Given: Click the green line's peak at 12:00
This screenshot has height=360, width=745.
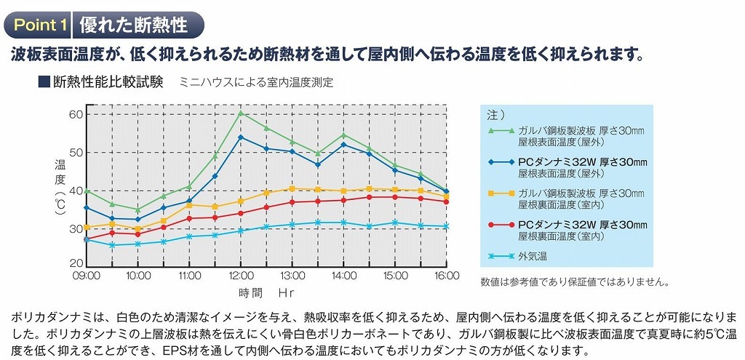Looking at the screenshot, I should coord(241,113).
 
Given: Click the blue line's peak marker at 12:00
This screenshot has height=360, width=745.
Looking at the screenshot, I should coord(241,137).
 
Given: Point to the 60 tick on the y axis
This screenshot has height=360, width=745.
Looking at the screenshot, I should coord(76,114).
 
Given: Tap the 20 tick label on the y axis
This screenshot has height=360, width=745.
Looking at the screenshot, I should coord(76,263).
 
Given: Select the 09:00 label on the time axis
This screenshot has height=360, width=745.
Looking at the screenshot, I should coord(87,276).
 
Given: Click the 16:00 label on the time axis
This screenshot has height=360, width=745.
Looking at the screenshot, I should coord(447,276).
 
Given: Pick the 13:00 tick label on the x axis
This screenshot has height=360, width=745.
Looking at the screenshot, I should coord(292,276).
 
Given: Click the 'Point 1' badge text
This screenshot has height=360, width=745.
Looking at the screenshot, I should coord(41,25).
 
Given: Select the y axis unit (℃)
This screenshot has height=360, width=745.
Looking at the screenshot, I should coord(60,211).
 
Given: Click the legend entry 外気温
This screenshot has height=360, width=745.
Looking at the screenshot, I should coord(533,256).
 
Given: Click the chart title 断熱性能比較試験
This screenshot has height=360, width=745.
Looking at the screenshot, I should coord(108,81).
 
